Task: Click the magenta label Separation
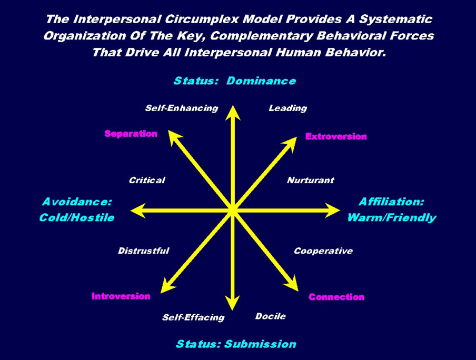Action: tap(131, 134)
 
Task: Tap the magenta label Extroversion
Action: tap(336, 136)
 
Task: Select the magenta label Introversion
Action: tap(121, 296)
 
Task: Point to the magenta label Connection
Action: tap(336, 297)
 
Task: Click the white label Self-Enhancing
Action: tap(181, 108)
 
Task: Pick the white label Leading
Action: tap(287, 108)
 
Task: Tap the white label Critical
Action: tap(147, 181)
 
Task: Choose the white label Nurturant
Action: tap(310, 181)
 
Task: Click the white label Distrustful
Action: tap(143, 251)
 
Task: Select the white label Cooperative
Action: tap(323, 251)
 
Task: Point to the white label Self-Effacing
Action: tap(193, 317)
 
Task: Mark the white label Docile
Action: tap(271, 316)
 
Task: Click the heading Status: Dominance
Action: tap(235, 81)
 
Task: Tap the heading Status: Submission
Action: tap(236, 344)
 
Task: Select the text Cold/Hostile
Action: tap(76, 217)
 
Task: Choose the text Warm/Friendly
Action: tap(391, 217)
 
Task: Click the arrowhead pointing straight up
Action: tap(232, 112)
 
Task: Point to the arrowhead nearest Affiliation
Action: tap(332, 211)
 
